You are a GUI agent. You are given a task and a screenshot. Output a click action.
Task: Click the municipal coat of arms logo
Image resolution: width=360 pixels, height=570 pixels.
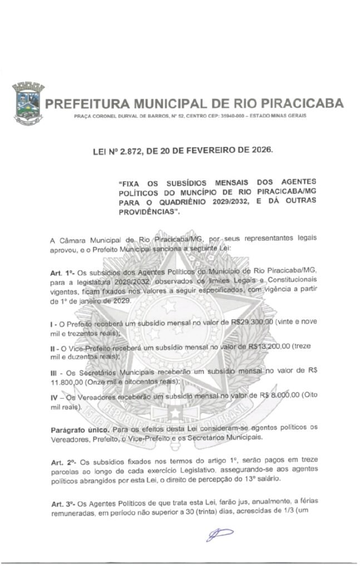click(x=27, y=104)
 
